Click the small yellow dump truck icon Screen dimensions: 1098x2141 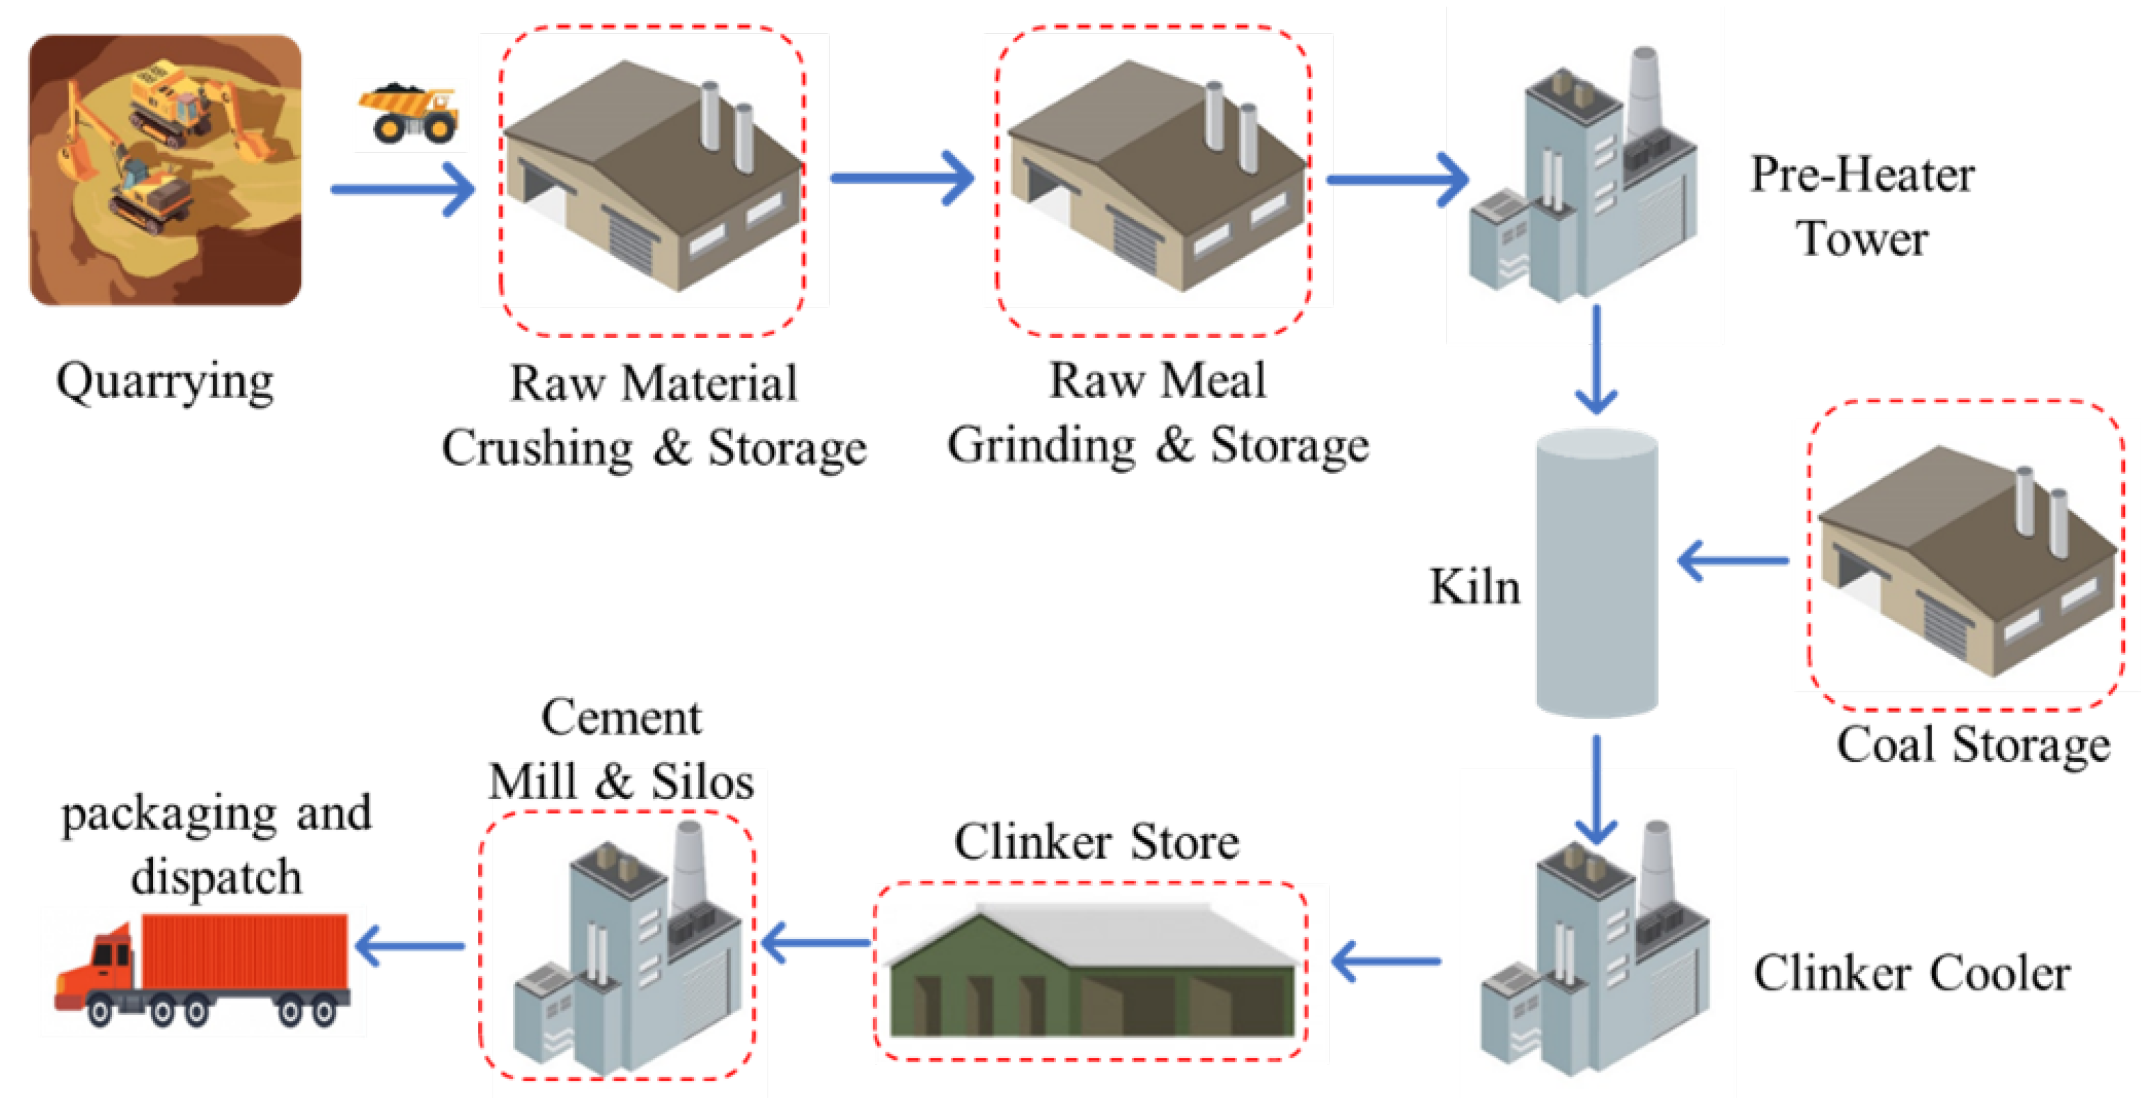point(409,114)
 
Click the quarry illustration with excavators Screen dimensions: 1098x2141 point(164,170)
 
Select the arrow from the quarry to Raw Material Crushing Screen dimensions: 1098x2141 point(402,190)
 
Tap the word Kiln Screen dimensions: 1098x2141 point(1474,587)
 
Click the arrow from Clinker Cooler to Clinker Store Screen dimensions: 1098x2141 point(1386,961)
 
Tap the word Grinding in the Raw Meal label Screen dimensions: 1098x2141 point(1041,446)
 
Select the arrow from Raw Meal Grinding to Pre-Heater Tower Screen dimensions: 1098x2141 point(1397,180)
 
